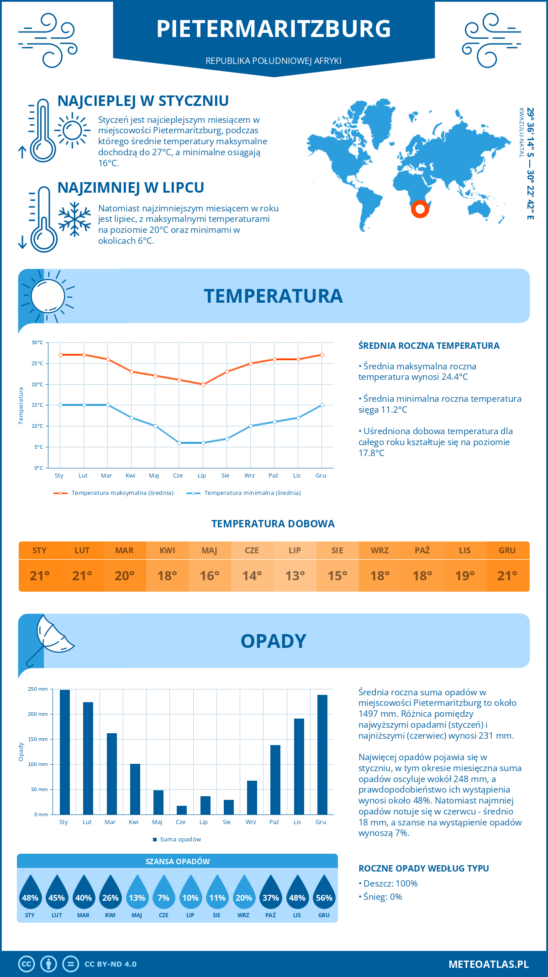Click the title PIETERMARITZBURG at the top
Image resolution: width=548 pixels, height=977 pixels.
pyautogui.click(x=274, y=29)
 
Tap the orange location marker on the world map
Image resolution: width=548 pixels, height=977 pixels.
pyautogui.click(x=420, y=209)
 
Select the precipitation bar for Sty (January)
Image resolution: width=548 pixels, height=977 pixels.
pyautogui.click(x=65, y=752)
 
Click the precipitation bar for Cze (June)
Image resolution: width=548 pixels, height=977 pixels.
pyautogui.click(x=182, y=810)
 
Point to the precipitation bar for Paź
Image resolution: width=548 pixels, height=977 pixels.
pyautogui.click(x=275, y=779)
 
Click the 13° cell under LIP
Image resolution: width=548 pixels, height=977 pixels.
pyautogui.click(x=295, y=576)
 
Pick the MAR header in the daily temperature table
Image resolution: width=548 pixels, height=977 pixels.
pyautogui.click(x=125, y=551)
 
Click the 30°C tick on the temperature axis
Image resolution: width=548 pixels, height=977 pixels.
pyautogui.click(x=37, y=342)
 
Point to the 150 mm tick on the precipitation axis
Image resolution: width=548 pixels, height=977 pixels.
pyautogui.click(x=38, y=739)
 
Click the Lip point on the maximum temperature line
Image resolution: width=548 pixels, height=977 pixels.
pyautogui.click(x=203, y=384)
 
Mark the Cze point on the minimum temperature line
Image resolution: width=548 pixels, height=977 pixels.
pyautogui.click(x=179, y=443)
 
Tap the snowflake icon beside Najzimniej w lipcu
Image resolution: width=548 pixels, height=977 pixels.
pyautogui.click(x=74, y=219)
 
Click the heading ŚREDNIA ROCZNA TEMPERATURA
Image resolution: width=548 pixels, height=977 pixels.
pyautogui.click(x=429, y=346)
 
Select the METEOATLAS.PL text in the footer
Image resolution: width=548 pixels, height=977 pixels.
pyautogui.click(x=488, y=964)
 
